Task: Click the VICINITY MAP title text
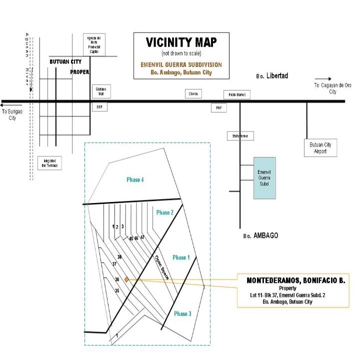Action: pos(181,42)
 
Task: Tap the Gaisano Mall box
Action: pos(100,91)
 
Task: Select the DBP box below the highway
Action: pos(99,107)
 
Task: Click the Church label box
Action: pos(194,93)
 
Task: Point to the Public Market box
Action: pos(236,95)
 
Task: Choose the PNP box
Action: pos(218,107)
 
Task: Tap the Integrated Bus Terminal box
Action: pos(49,163)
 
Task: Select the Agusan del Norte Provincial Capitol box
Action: pos(94,44)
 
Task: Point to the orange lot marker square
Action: pos(127,279)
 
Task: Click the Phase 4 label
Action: pos(135,180)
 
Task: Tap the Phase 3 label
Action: pos(182,313)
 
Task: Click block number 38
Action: pos(119,256)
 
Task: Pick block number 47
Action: pos(142,237)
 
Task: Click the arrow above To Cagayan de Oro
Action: pos(326,78)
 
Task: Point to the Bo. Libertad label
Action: pos(272,76)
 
